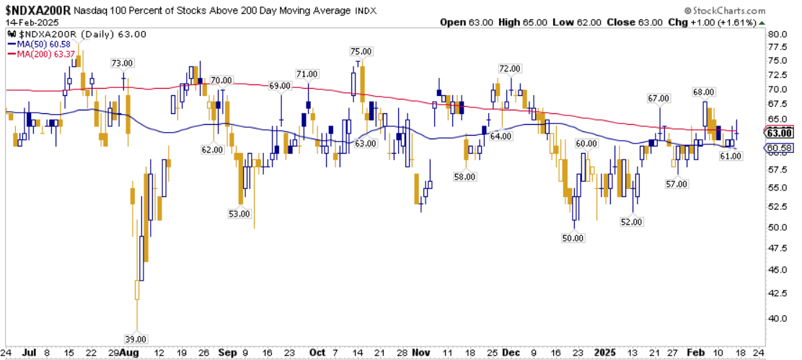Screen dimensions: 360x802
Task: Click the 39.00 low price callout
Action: click(136, 338)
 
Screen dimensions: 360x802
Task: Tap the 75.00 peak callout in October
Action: click(361, 51)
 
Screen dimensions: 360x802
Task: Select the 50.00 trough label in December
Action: click(573, 237)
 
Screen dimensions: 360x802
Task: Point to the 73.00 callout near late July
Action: click(122, 63)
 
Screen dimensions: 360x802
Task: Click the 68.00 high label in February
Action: click(703, 92)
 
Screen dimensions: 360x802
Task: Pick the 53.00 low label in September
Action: click(239, 214)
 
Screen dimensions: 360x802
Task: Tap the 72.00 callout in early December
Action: click(509, 69)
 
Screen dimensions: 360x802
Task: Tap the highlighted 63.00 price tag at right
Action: click(780, 133)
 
